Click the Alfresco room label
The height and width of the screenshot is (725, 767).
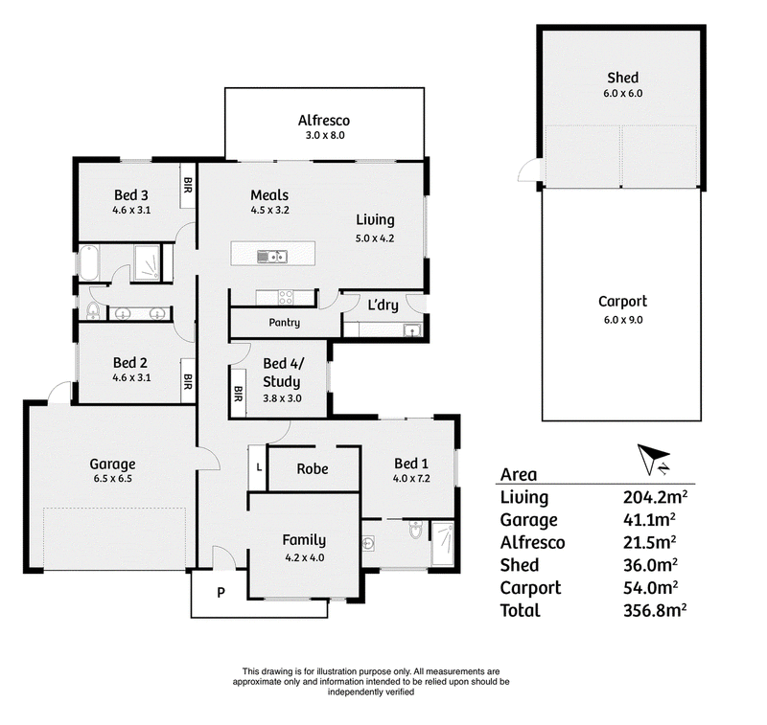(324, 120)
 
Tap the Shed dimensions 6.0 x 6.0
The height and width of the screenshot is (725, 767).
(622, 93)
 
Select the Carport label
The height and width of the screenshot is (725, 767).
(622, 302)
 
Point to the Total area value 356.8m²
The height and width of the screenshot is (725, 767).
(655, 610)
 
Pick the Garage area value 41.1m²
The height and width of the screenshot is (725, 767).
(649, 519)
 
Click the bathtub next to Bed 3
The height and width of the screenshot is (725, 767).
(89, 262)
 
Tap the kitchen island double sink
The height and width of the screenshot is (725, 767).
(272, 257)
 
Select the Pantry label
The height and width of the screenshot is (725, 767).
(284, 323)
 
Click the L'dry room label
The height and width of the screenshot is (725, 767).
(383, 306)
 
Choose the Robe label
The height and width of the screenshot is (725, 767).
(313, 469)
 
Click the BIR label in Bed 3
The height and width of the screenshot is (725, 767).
(188, 185)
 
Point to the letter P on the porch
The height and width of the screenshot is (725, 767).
(221, 593)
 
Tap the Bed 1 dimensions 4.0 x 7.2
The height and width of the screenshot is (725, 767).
(411, 478)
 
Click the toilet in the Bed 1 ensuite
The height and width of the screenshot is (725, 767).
(415, 529)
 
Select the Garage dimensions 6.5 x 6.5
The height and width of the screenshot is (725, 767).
(112, 478)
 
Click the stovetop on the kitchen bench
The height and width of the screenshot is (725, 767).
(286, 297)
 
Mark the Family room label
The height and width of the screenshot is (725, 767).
(304, 540)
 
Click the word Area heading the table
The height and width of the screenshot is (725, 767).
(519, 474)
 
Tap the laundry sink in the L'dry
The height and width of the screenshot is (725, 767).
(412, 330)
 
